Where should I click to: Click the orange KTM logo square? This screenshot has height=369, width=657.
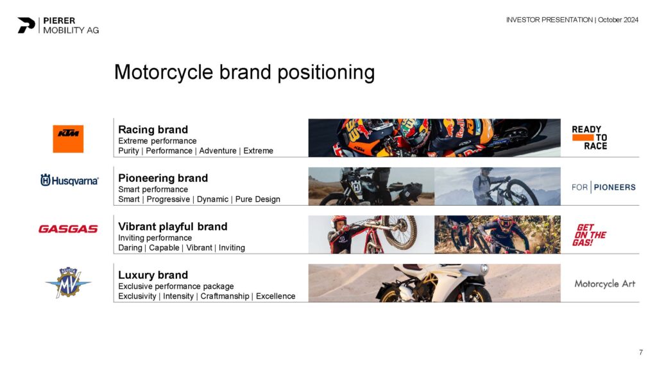click(68, 138)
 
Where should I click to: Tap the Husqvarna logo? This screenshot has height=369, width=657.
click(69, 180)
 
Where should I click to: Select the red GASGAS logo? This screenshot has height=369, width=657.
click(68, 229)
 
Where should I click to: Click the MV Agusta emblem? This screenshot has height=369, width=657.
click(68, 283)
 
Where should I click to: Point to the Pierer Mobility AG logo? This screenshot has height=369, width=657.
click(58, 25)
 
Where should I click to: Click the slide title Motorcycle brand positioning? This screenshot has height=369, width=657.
click(244, 72)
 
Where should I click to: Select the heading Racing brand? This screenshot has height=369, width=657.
click(153, 129)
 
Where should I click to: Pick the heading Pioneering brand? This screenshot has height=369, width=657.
click(163, 178)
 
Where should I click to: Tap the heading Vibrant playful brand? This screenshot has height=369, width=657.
click(173, 227)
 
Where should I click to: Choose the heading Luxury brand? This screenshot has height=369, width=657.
click(153, 275)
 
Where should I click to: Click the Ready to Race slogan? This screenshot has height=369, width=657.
click(590, 138)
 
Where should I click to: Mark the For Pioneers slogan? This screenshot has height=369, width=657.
click(603, 187)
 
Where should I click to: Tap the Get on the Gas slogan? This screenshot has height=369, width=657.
click(589, 234)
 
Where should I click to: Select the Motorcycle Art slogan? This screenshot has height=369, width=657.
click(604, 284)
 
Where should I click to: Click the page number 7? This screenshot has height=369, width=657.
click(641, 352)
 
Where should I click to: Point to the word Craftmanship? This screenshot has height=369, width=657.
click(225, 296)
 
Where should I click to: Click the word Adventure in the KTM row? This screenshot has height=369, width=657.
click(218, 151)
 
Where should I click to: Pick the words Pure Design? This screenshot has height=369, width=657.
click(258, 200)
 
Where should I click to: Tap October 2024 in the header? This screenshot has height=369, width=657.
click(618, 20)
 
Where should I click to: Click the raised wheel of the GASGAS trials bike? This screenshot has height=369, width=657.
click(400, 233)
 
